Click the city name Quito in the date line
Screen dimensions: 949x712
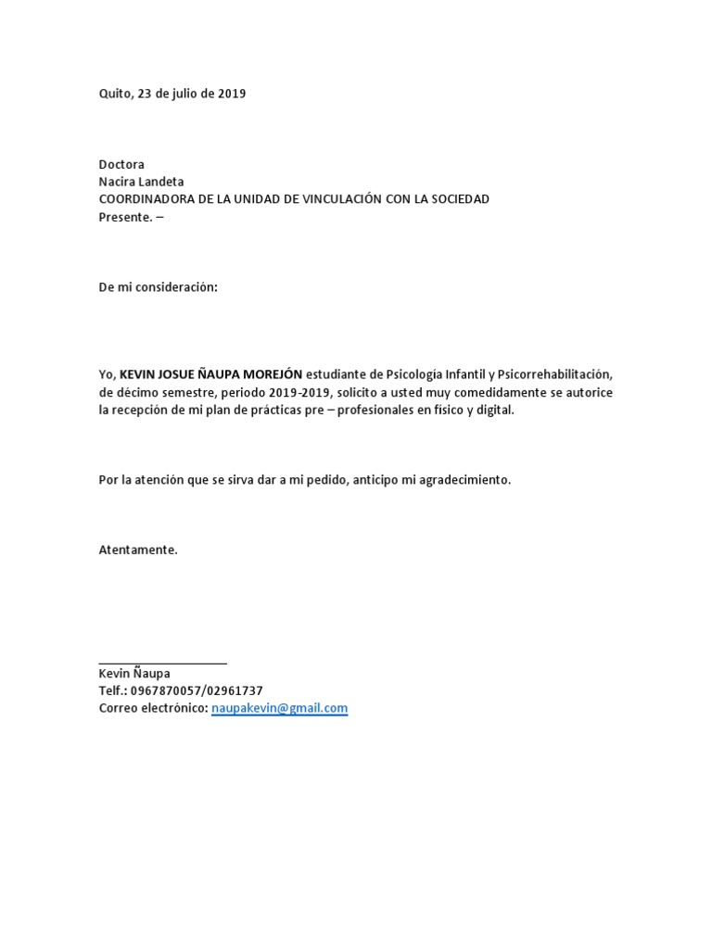(x=115, y=94)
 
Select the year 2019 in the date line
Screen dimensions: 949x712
(x=232, y=94)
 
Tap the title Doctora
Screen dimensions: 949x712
(x=121, y=164)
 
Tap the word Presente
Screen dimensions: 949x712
(x=123, y=217)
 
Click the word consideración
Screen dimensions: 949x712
(x=176, y=287)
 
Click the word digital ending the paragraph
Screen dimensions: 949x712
(x=492, y=410)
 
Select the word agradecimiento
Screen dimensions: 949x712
(x=466, y=480)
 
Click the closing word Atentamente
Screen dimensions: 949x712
(x=137, y=550)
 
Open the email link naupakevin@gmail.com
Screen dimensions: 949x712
(x=279, y=708)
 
